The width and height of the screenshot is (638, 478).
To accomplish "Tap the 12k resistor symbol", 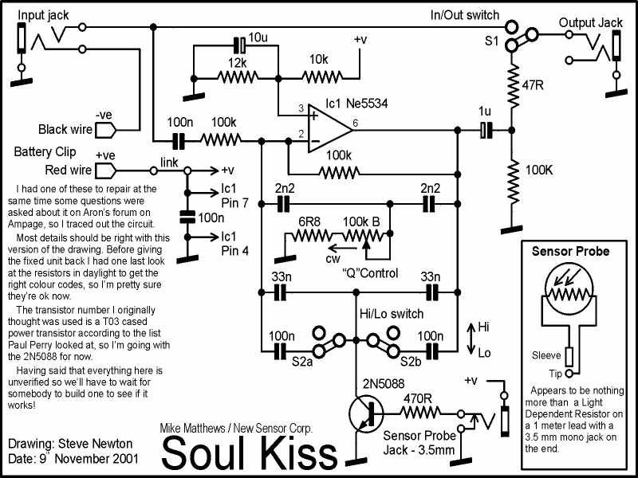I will pyautogui.click(x=237, y=78).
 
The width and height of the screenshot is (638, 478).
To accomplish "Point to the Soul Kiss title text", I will pyautogui.click(x=250, y=453).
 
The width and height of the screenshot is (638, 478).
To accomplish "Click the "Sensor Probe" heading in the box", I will pyautogui.click(x=570, y=251).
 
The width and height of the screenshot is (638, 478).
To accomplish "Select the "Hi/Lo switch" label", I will pyautogui.click(x=391, y=313).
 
